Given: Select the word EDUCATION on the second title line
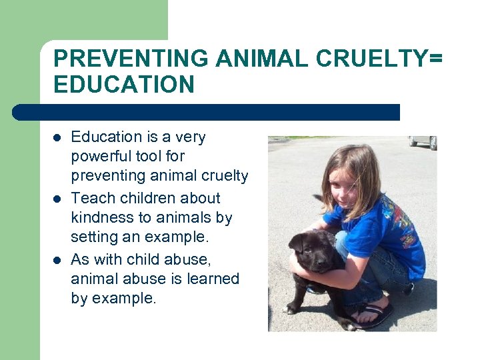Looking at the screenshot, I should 124,85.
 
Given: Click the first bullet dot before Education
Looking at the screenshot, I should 58,138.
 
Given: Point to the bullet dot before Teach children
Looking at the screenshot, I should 58,199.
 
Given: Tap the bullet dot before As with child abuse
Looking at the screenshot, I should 58,259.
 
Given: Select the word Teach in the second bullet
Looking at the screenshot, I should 90,198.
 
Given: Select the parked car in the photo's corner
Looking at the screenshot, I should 423,141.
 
